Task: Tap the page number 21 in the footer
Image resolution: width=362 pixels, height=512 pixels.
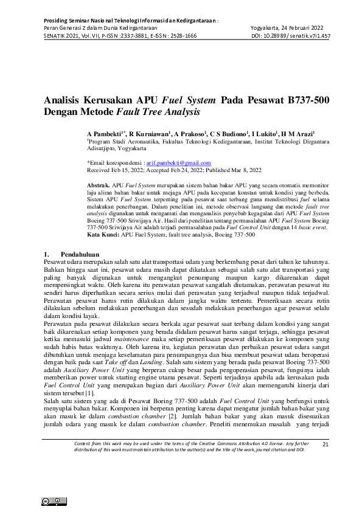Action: point(325,445)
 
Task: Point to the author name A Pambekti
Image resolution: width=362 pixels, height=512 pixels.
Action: point(106,133)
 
